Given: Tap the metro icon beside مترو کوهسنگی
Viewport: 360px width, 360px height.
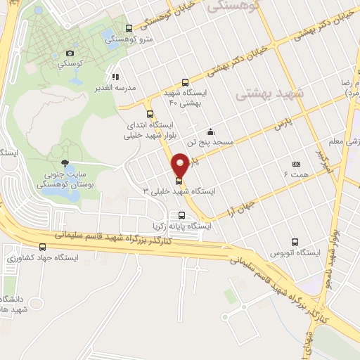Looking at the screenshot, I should point(129,29).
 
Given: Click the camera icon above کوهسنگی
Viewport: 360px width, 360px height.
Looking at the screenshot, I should point(69,53).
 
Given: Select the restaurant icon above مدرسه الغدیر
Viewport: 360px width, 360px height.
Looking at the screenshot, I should point(115,76).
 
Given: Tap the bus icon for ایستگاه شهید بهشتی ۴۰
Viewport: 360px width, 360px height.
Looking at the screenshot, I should point(185,82).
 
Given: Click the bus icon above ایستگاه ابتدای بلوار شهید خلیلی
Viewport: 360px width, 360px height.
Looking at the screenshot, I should point(149,114).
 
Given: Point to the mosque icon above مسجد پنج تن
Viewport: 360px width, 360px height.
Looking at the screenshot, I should point(210,131).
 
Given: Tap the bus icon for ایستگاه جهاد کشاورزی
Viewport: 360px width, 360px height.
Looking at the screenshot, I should point(44,247).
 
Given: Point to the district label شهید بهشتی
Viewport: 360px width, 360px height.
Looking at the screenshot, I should point(270,92).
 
